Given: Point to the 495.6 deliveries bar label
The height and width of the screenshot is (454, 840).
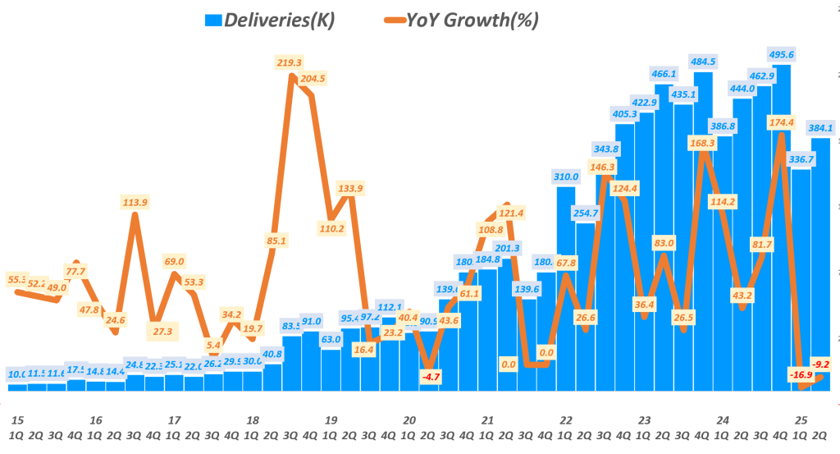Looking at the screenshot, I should pos(781,54).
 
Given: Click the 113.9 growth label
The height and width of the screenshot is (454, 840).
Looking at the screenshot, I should pos(134,203).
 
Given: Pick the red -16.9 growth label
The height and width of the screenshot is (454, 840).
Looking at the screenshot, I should pos(802,375).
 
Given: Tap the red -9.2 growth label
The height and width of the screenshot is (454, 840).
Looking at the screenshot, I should pos(819,364).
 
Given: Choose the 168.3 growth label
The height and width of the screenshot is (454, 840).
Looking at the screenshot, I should pos(702,143).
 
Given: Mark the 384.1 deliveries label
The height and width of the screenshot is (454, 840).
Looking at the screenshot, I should pos(820,127).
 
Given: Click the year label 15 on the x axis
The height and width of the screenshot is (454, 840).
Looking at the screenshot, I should pos(16,420).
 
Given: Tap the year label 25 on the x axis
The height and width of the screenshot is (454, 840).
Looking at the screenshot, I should pos(801,420).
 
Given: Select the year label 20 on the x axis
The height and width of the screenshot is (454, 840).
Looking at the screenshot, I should pos(409,420).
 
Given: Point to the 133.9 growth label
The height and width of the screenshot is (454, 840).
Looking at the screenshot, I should pos(349,188).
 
